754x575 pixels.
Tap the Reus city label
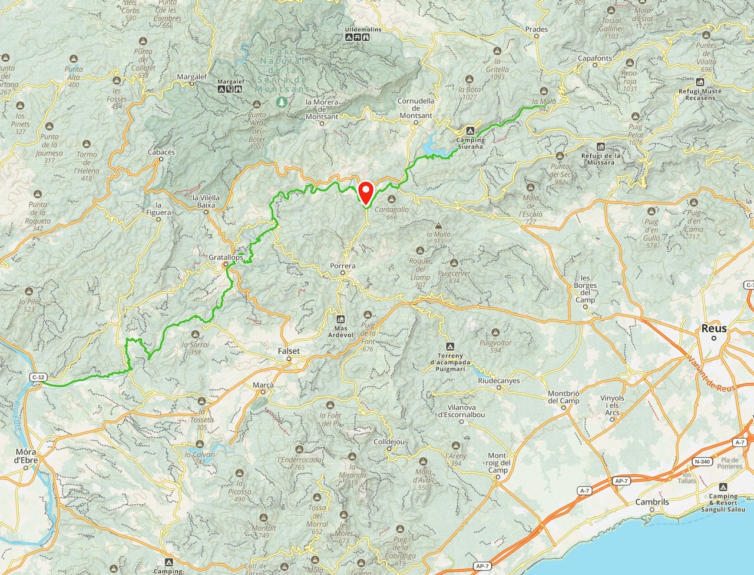pos(713,328)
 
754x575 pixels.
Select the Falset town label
pos(289,351)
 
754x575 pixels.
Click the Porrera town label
pos(342,266)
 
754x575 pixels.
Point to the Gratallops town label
pos(226,257)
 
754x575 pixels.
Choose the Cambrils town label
pos(652,502)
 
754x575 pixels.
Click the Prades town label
pos(536,29)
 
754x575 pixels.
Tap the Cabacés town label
pos(161,152)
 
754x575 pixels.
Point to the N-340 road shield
pos(702,461)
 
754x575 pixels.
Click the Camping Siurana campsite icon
pos(470,131)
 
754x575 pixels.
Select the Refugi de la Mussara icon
pos(600,147)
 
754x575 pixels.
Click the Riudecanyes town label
pos(499,381)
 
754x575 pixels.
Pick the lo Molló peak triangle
pos(438,225)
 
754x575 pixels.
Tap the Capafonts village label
pos(594,58)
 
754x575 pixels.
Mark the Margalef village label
pos(191,76)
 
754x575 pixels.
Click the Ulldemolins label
pos(363,29)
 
